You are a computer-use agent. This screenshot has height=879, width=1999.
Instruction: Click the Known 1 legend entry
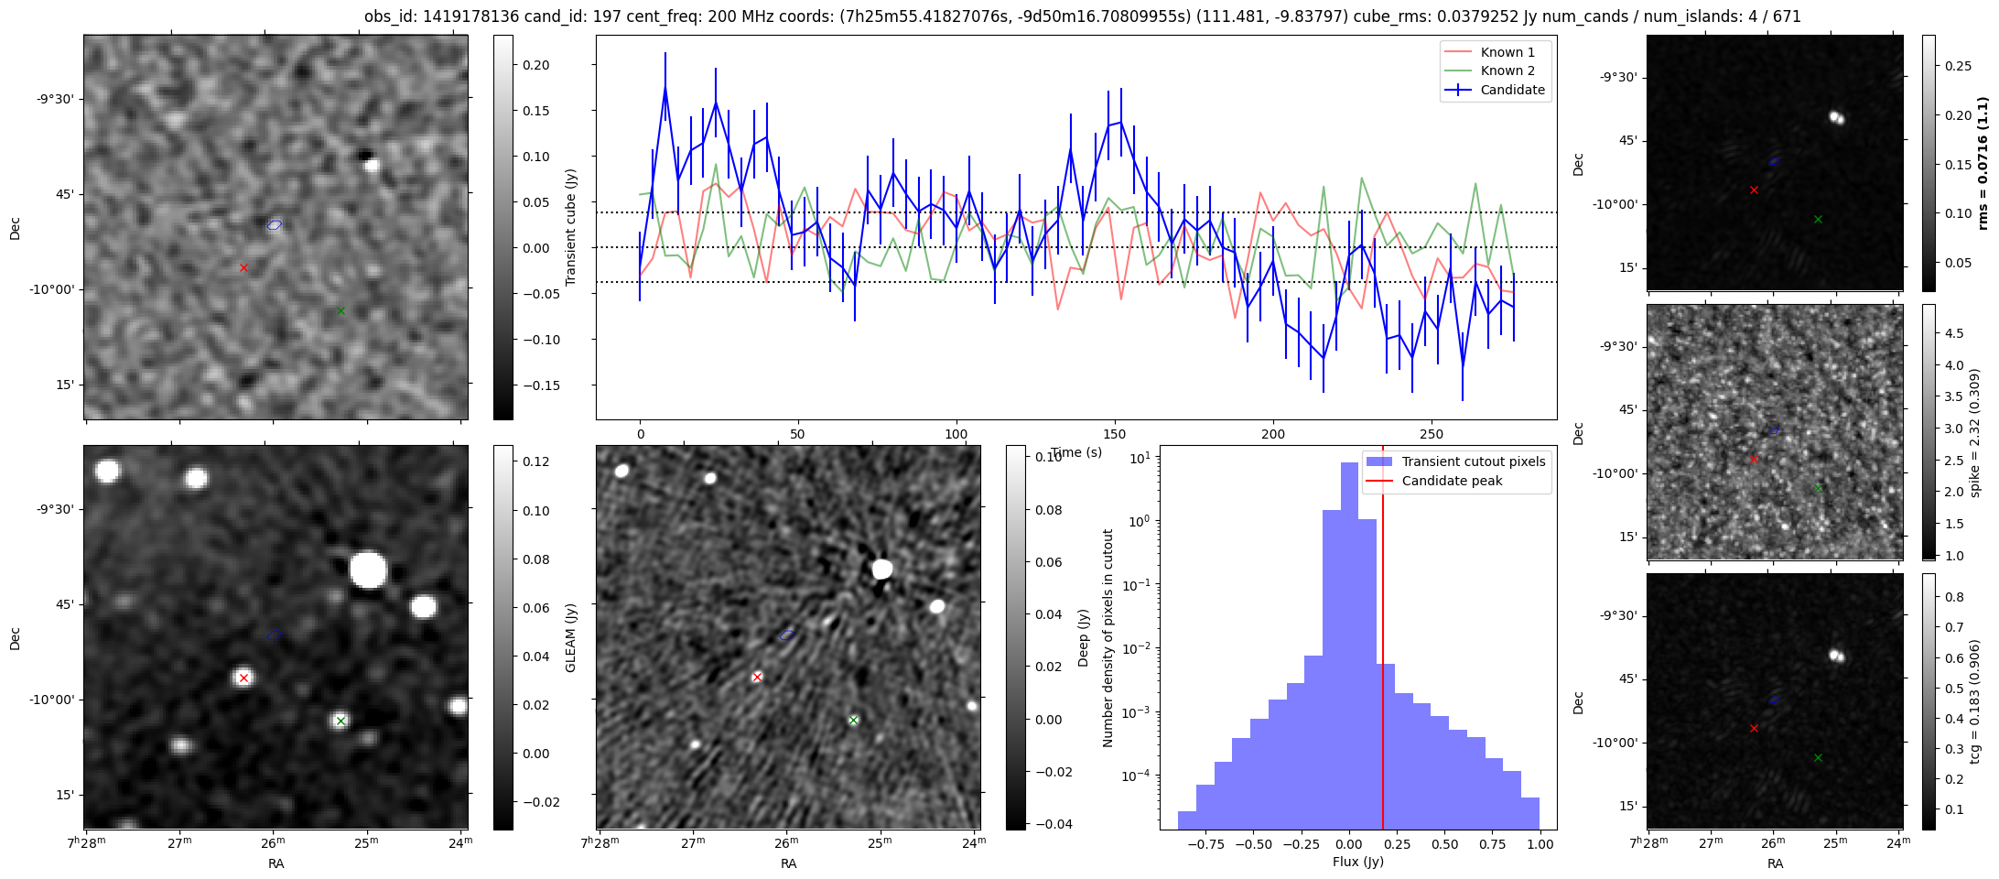tap(1507, 52)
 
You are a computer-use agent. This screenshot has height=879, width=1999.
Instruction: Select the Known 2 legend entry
tap(1507, 71)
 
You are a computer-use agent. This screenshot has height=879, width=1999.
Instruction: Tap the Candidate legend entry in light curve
tap(1512, 90)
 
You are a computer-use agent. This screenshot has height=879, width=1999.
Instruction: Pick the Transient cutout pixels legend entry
tap(1473, 461)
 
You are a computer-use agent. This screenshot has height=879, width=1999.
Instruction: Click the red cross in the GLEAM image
tap(243, 678)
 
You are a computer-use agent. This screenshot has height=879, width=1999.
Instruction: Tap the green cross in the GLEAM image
tap(340, 721)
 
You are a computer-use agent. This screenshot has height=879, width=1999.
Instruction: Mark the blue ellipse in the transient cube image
tap(274, 224)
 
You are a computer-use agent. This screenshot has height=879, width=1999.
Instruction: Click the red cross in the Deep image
tap(757, 677)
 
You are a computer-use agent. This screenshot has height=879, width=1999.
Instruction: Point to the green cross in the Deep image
tap(853, 720)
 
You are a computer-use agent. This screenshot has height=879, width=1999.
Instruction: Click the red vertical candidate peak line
tap(1382, 641)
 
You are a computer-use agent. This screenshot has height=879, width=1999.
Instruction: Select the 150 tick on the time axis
tap(1115, 434)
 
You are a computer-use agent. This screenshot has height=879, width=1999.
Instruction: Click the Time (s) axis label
tap(1076, 452)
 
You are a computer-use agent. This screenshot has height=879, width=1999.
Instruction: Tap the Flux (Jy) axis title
tap(1358, 862)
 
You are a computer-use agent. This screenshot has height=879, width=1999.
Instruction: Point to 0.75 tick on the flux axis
tap(1493, 844)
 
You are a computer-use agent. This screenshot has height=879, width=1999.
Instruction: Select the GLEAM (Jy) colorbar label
tap(571, 637)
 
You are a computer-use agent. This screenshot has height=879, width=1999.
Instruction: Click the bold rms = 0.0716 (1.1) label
tap(1983, 163)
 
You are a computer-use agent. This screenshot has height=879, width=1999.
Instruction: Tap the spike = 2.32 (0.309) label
tap(1975, 432)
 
